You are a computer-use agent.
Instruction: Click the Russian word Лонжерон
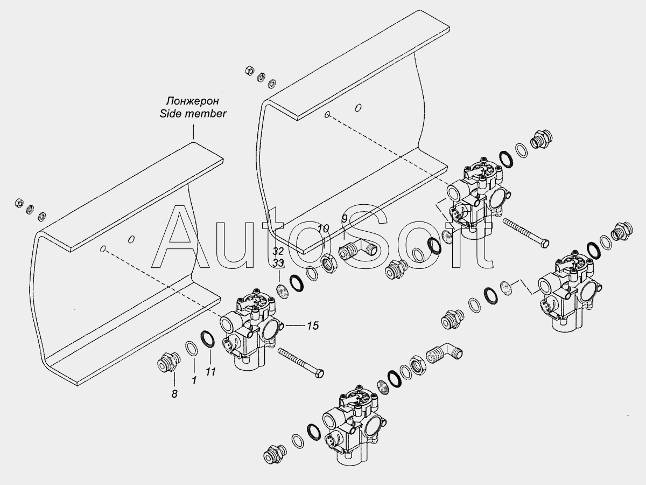pos(193,101)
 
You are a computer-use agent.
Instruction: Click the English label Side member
pos(193,114)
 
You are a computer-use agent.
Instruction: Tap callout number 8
pos(174,394)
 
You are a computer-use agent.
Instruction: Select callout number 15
pos(313,325)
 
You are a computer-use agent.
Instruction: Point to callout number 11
pos(210,372)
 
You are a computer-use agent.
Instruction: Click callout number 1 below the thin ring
pos(194,380)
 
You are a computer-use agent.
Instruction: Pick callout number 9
pos(345,219)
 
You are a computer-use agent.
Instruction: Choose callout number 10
pos(323,228)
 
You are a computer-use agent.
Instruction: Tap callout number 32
pos(278,251)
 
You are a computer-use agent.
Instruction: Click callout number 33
pos(278,264)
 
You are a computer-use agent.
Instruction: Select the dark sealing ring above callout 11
pos(207,339)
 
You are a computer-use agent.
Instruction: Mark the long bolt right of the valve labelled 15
pos(300,363)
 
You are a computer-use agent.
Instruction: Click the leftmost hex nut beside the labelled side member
pos(19,203)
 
